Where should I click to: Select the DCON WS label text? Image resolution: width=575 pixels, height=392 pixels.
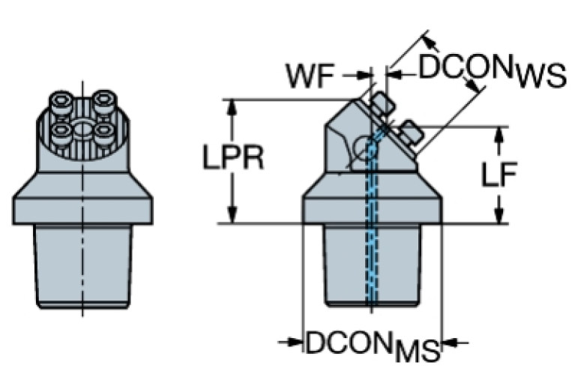click(491, 71)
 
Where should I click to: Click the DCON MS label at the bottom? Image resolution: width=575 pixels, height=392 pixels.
click(372, 346)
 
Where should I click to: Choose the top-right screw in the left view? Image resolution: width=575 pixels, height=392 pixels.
click(104, 100)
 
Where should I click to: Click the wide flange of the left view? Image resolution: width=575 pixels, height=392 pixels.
click(82, 202)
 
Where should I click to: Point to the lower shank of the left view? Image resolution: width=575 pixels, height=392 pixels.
click(82, 266)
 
